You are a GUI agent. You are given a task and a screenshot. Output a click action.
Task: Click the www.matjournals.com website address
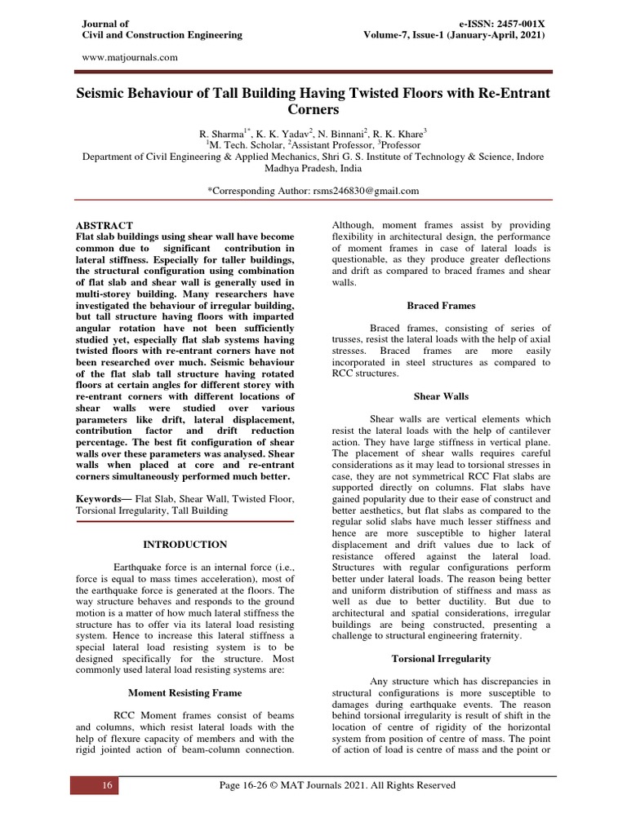coord(131,57)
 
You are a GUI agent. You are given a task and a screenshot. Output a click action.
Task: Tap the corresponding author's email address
coord(350,190)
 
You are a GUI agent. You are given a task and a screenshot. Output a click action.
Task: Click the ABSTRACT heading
coord(104,225)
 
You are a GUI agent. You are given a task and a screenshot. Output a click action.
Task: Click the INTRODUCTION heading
coord(185,544)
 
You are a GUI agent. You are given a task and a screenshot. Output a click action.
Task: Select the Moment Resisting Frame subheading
coord(185,692)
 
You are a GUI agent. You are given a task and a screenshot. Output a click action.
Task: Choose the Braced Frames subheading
coord(441,306)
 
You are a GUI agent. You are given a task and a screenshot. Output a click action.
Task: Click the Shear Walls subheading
coord(441,396)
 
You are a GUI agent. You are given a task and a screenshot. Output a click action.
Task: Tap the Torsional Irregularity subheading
coord(441,657)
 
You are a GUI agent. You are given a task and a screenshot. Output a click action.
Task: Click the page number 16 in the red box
coord(106,785)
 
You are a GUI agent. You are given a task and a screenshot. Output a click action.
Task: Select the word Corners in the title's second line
coord(313,109)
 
